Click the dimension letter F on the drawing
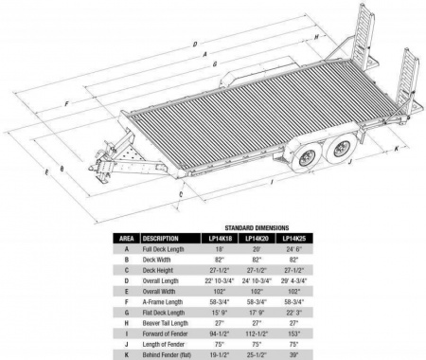click(65, 99)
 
